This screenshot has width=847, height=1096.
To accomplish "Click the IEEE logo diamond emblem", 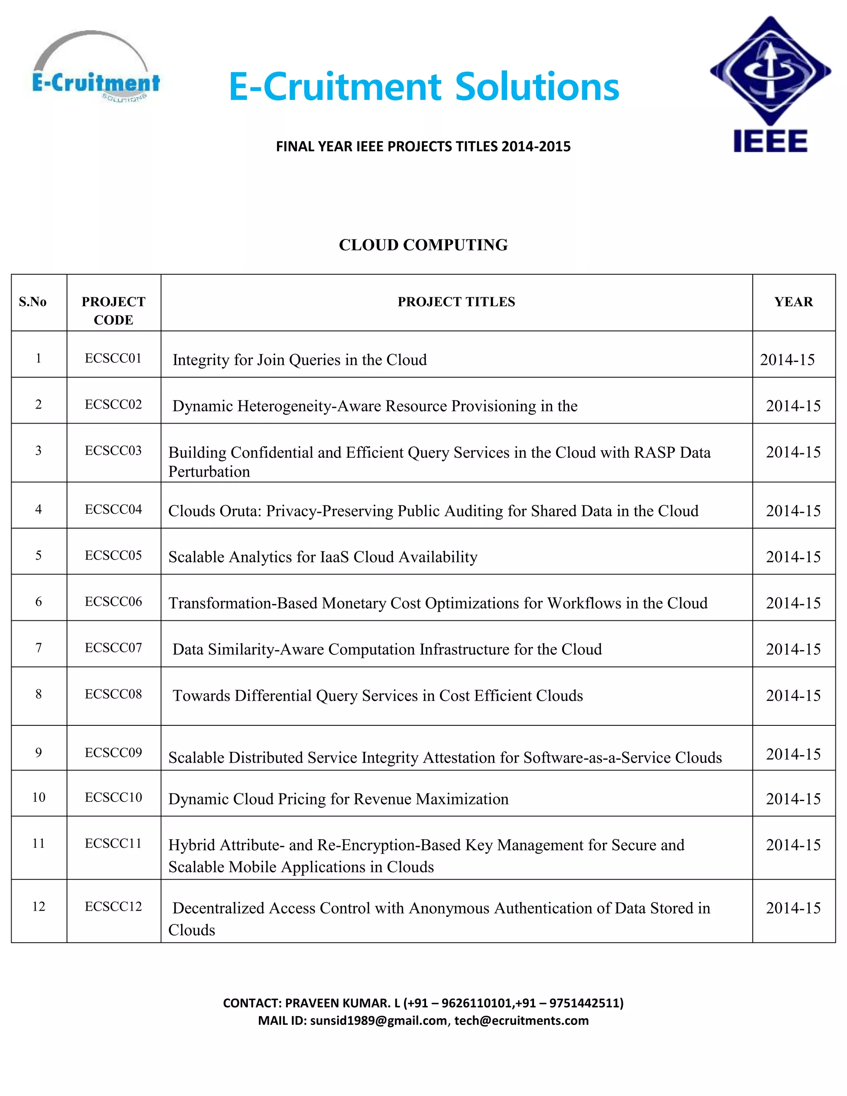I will pos(770,71).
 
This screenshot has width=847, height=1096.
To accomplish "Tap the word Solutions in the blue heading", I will pos(537,87).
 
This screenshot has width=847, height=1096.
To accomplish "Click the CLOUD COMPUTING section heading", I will pos(423,245).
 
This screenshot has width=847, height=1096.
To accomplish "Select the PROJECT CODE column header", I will pos(113,311).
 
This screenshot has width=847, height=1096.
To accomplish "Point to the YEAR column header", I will pos(793,302).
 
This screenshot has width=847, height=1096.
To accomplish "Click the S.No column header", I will pos(33,302).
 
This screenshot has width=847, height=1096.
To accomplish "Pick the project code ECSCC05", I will pos(113,555).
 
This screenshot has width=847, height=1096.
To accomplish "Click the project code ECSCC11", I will pos(113,844).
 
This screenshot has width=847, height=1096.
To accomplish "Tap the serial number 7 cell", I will pos(38,648).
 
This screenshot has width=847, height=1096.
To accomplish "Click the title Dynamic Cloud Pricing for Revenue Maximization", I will pos(338,799).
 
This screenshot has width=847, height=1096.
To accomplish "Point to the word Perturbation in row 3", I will pos(209,472).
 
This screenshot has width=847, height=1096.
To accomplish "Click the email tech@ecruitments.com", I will pos(522,1021).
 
